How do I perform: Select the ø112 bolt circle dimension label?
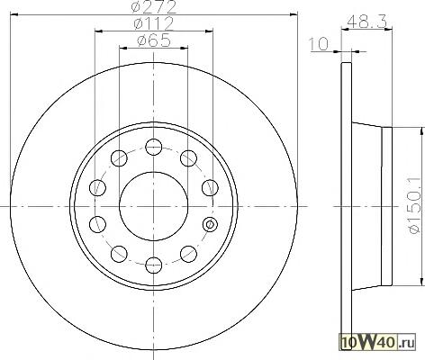(154, 23)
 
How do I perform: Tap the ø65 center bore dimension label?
(154, 40)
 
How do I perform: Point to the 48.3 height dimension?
(366, 22)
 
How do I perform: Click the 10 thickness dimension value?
(319, 44)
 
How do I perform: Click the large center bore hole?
(154, 206)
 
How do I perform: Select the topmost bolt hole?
(154, 147)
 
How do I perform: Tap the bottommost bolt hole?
(154, 265)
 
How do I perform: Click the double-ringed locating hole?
(210, 224)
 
